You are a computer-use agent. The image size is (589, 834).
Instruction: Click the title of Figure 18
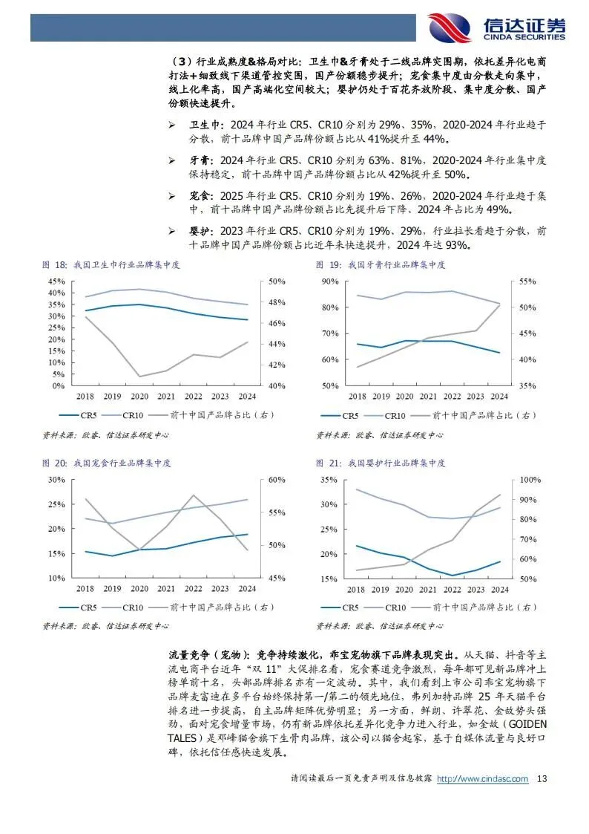[111, 265]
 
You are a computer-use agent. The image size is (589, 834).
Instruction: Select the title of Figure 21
[381, 463]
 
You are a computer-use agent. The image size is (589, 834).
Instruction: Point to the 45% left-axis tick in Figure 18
[56, 281]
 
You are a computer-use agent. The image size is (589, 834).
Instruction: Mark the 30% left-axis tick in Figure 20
[56, 480]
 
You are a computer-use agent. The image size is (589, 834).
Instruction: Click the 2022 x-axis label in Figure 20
[193, 589]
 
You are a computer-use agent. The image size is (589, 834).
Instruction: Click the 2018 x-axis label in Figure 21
[357, 589]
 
